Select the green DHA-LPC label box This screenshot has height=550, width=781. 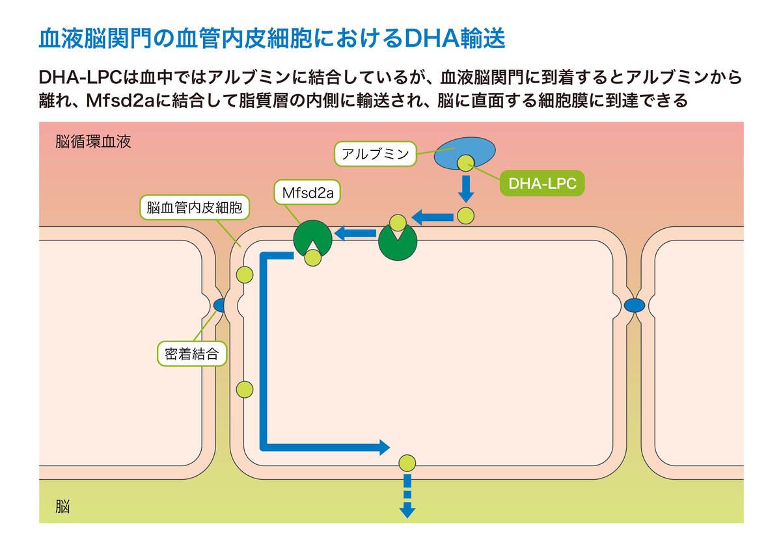pyautogui.click(x=542, y=184)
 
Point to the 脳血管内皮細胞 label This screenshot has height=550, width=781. pyautogui.click(x=195, y=208)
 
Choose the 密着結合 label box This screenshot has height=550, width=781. pyautogui.click(x=192, y=354)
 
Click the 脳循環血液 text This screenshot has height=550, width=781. pyautogui.click(x=93, y=142)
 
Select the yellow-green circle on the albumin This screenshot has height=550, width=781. pyautogui.click(x=465, y=163)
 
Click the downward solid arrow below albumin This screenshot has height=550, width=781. pyautogui.click(x=465, y=189)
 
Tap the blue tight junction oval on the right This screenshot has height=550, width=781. pyautogui.click(x=635, y=305)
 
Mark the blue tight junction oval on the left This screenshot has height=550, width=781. pyautogui.click(x=220, y=305)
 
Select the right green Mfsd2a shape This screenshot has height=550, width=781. pyautogui.click(x=398, y=242)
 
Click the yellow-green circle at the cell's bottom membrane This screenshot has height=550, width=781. pyautogui.click(x=407, y=463)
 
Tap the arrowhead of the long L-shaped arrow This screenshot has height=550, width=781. pyautogui.click(x=383, y=447)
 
